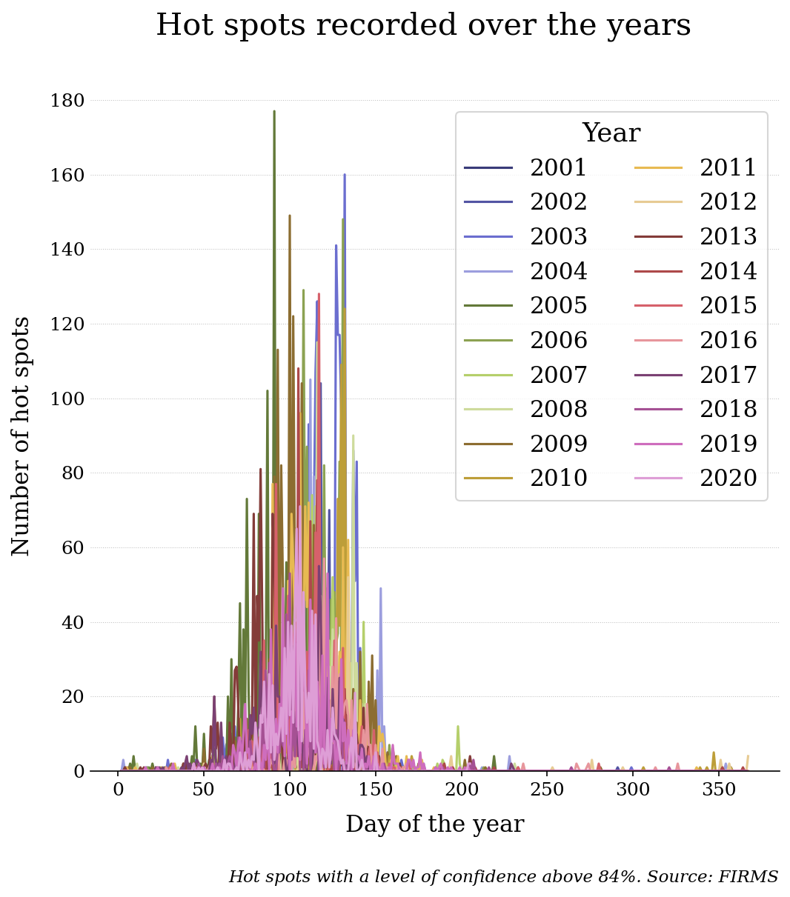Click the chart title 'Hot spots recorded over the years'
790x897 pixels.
click(423, 25)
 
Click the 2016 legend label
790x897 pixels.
click(728, 341)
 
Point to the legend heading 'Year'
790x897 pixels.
click(611, 133)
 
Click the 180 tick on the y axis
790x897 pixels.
click(67, 101)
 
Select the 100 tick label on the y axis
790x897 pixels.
click(67, 399)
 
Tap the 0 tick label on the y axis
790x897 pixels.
click(79, 772)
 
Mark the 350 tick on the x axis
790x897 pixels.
click(719, 790)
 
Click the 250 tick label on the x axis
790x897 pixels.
click(547, 790)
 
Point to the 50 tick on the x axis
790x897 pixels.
click(204, 790)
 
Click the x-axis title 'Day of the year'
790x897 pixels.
click(434, 824)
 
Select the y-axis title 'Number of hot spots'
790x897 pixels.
click(21, 436)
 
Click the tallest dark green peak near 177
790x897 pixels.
click(274, 113)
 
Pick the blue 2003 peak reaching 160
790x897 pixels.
click(345, 176)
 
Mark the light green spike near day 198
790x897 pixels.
click(458, 727)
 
